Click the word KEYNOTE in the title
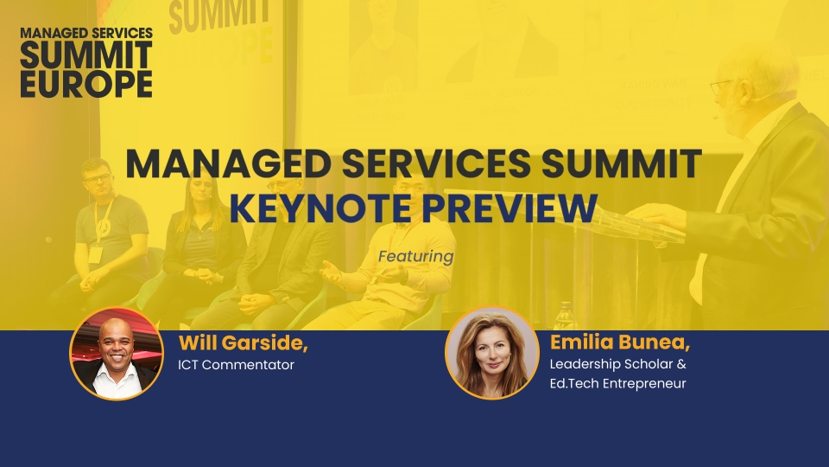click(x=320, y=208)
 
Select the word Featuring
click(x=415, y=257)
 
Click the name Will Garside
click(x=244, y=343)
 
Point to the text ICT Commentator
click(x=236, y=365)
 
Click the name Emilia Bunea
click(x=620, y=342)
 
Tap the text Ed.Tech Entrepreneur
click(x=617, y=383)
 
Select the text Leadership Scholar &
click(x=618, y=364)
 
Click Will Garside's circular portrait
click(x=117, y=354)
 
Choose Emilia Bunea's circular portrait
click(x=491, y=353)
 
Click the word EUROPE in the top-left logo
click(x=86, y=84)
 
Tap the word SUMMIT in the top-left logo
click(x=86, y=55)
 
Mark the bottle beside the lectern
click(x=564, y=317)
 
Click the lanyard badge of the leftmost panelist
click(x=95, y=254)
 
